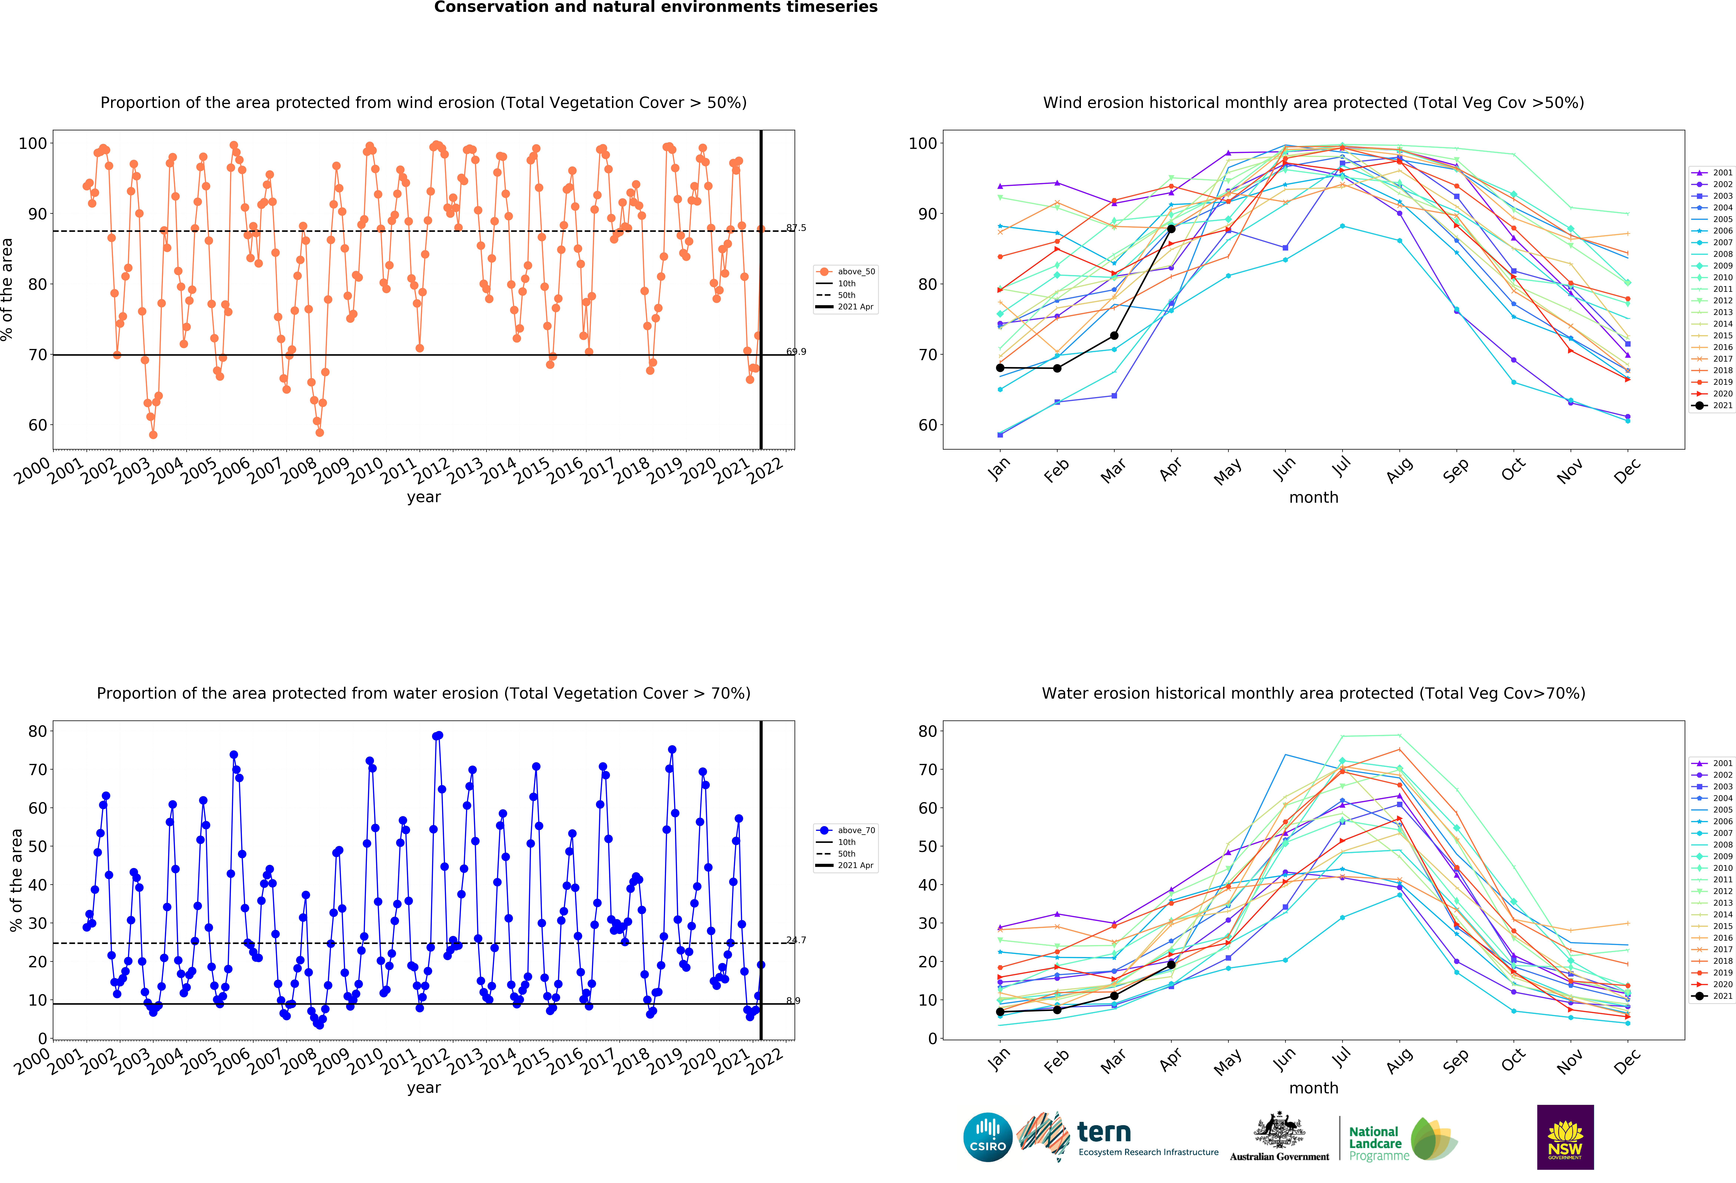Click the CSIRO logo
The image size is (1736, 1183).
click(x=988, y=1137)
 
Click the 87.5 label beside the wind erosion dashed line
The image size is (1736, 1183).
click(x=796, y=228)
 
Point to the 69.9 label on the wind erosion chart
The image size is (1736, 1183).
click(x=796, y=352)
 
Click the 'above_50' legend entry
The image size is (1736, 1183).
click(x=855, y=272)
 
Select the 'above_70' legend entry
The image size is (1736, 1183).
click(x=855, y=830)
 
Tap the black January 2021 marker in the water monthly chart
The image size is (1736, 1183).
click(x=1000, y=1012)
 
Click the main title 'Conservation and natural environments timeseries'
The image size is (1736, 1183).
click(x=656, y=7)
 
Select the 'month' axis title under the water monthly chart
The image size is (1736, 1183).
click(x=1313, y=1088)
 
